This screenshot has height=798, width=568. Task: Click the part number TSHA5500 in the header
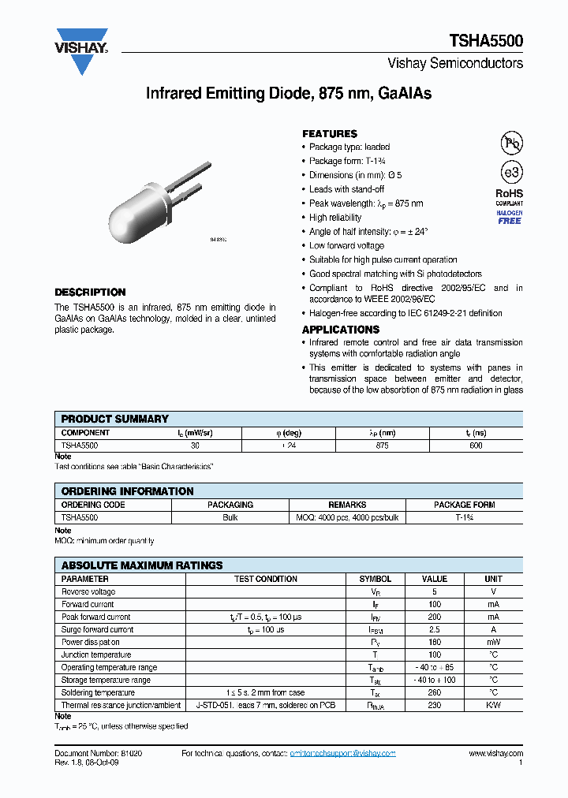point(486,41)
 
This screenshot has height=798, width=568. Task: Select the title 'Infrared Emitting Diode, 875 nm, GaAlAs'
point(289,94)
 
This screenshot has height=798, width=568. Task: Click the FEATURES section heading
point(330,134)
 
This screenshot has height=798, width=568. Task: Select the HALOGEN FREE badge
point(509,218)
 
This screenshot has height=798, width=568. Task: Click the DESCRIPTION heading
point(90,292)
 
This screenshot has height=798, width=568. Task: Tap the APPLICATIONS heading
point(341,330)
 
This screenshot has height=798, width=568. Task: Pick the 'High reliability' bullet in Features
point(335,218)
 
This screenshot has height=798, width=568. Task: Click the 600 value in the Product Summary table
point(475,446)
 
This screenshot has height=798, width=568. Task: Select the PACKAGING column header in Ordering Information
point(230,505)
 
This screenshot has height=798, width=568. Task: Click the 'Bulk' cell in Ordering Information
point(230,517)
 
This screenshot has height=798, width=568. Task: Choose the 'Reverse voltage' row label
point(88,591)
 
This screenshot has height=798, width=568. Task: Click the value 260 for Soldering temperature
point(435,692)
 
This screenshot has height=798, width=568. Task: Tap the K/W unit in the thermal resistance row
point(493,705)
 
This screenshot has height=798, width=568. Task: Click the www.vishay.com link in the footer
point(495,754)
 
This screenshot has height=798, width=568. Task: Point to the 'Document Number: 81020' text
point(99,754)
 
